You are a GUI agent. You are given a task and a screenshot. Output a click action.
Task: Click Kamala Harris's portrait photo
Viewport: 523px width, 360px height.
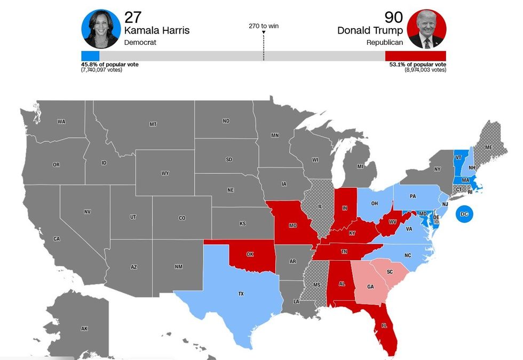101,29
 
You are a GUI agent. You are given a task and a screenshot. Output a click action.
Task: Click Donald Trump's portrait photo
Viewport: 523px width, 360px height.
426,29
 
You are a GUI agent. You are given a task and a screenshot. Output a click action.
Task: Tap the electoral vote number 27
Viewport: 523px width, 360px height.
133,17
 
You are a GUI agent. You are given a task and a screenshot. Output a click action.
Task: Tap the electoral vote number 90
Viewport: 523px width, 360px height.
394,17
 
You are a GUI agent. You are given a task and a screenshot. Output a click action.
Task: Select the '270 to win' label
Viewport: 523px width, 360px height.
264,26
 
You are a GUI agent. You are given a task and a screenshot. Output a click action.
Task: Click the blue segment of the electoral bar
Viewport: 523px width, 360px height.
90,56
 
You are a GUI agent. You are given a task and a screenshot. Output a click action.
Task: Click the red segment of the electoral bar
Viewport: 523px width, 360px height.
415,56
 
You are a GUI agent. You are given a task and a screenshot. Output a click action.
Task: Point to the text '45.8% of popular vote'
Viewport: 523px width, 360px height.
110,65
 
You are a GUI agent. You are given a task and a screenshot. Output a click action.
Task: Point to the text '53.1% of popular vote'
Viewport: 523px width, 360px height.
418,65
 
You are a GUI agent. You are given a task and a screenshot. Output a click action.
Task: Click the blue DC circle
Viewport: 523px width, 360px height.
464,214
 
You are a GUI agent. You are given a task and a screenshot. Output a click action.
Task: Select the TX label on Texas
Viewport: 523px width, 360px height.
241,294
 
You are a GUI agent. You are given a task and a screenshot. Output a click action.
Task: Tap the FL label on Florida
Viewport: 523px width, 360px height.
384,325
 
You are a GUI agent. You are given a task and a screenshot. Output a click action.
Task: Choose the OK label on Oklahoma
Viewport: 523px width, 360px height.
250,254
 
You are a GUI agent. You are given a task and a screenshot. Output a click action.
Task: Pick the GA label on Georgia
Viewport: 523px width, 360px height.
370,286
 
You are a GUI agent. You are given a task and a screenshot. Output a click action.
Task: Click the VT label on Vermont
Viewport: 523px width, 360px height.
458,158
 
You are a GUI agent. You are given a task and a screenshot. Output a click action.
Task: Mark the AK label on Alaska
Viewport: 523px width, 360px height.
84,329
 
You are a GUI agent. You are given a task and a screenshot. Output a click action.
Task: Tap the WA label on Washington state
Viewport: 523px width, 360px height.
61,122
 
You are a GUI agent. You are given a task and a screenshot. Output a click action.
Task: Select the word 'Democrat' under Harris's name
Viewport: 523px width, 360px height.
140,42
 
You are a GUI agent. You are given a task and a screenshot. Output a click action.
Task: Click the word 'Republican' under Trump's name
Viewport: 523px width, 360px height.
384,42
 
